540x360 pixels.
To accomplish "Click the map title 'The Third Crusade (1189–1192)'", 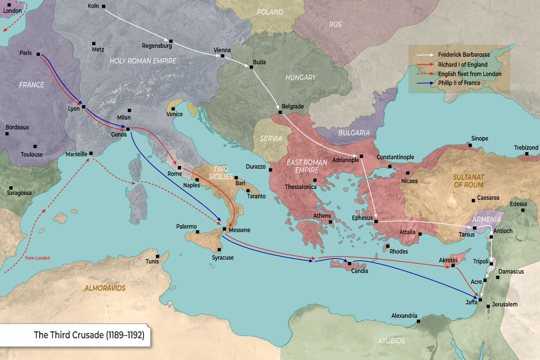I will click(89, 335).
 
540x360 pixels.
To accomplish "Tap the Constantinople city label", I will click(395, 157).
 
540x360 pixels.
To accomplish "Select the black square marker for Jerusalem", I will click(489, 306).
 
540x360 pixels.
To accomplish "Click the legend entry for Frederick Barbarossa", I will click(463, 54).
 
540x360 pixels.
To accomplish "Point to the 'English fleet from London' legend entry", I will click(469, 74).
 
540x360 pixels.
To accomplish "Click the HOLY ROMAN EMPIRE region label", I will click(143, 60).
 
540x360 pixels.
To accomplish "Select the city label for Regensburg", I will click(157, 46).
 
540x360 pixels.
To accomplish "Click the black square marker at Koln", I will click(104, 6).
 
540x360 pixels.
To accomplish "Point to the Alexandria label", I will click(404, 316).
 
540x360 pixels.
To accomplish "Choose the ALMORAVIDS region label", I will click(105, 288).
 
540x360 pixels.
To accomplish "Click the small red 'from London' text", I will click(38, 258).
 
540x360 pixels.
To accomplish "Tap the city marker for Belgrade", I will click(280, 112).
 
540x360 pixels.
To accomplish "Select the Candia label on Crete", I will click(360, 271).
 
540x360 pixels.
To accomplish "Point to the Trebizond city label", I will click(526, 148).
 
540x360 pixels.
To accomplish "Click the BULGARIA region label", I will click(355, 133).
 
